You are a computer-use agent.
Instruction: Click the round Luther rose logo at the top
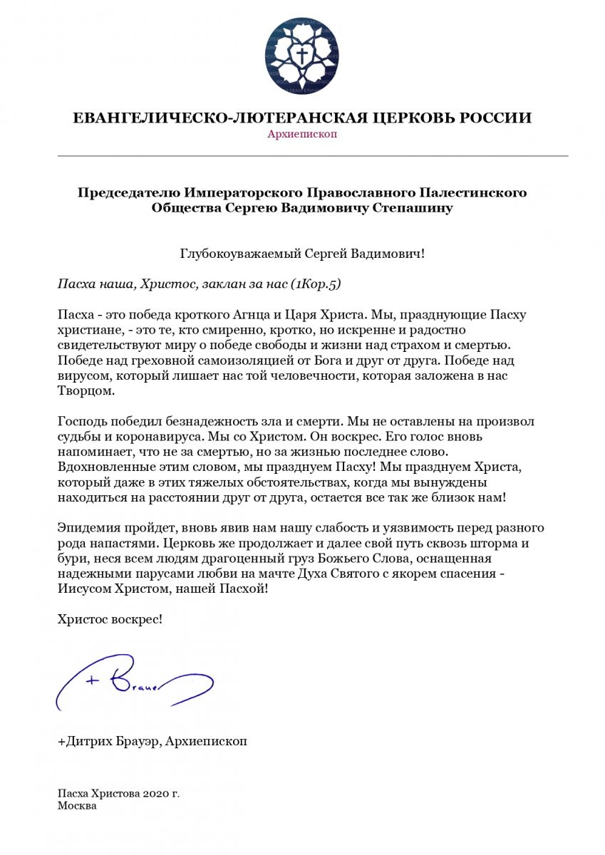[x=303, y=57]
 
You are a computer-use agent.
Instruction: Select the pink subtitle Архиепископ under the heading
[x=302, y=135]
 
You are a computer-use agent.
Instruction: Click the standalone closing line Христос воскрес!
[x=110, y=619]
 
